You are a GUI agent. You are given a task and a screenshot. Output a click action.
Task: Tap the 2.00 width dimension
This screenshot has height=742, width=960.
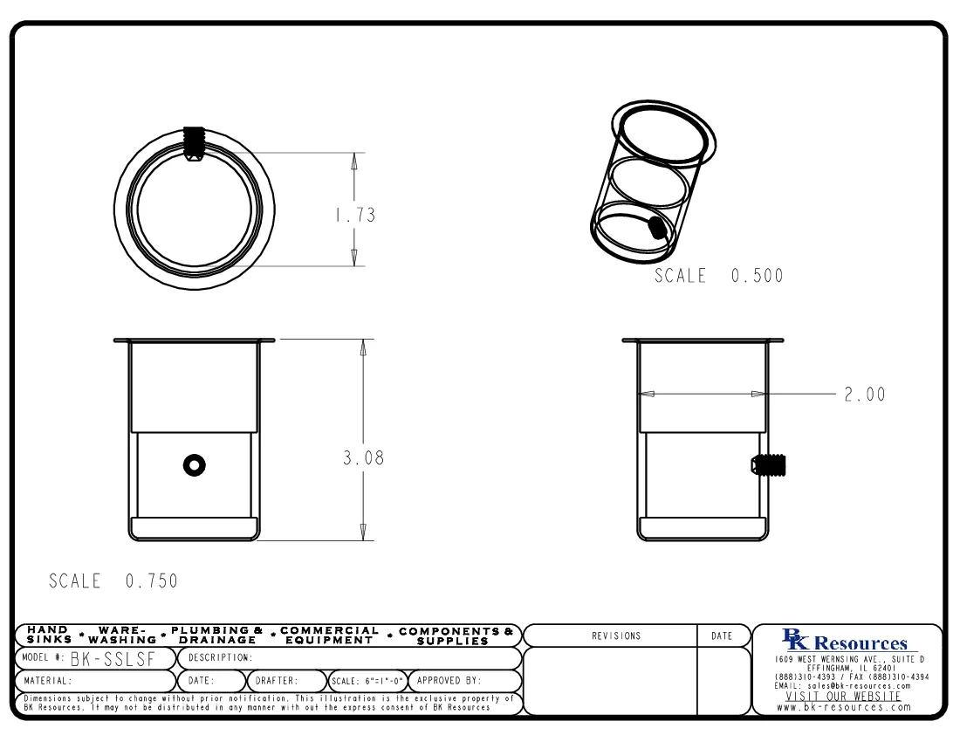(864, 395)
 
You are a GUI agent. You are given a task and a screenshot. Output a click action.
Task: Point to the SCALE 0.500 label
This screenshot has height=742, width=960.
(719, 276)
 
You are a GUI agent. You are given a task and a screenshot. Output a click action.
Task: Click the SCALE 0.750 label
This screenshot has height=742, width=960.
(113, 581)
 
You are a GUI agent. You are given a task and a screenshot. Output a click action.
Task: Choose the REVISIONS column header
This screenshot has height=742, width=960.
(615, 636)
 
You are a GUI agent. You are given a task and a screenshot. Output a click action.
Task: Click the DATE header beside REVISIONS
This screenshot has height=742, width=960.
(721, 636)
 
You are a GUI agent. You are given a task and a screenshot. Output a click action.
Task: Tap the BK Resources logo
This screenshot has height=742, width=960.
(847, 642)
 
